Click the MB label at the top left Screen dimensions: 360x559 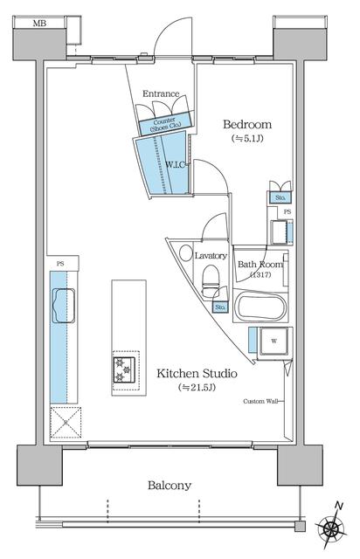[x=39, y=24]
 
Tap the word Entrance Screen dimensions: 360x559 [x=161, y=93]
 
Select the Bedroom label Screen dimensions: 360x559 [x=247, y=124]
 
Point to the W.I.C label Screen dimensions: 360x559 [x=175, y=165]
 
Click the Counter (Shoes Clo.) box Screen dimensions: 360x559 [x=165, y=124]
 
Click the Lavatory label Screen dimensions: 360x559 [x=211, y=256]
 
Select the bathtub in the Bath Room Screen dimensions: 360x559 [x=260, y=307]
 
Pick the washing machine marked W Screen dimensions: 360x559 [x=274, y=342]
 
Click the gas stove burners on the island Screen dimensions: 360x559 [x=124, y=369]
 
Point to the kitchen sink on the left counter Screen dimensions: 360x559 [x=64, y=305]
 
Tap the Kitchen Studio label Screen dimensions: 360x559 [x=197, y=374]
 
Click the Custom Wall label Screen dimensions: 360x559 [x=260, y=401]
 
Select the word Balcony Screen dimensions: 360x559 [x=170, y=486]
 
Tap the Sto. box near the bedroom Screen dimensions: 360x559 [x=280, y=198]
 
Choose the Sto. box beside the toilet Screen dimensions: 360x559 [x=220, y=307]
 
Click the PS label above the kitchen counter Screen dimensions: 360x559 [x=60, y=264]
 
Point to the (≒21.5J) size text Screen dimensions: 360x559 [x=197, y=388]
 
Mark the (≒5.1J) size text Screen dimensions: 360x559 [x=247, y=139]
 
